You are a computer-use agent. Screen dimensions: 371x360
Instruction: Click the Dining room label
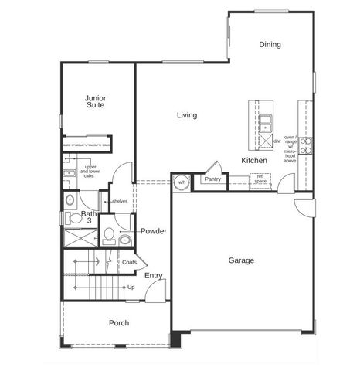[x=270, y=45]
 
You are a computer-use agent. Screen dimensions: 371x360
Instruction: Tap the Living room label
[x=186, y=115]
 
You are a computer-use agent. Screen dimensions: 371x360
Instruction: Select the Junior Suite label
[x=96, y=102]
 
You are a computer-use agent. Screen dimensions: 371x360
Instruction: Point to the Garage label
[x=240, y=260]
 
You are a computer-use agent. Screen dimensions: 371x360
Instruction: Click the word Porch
[x=118, y=323]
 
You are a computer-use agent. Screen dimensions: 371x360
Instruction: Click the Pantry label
[x=212, y=179]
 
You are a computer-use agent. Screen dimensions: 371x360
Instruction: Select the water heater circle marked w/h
[x=182, y=182]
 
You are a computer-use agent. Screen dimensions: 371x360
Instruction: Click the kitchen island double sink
[x=265, y=124]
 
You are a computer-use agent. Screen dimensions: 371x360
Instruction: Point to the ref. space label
[x=261, y=179]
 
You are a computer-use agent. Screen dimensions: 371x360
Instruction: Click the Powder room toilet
[x=109, y=234]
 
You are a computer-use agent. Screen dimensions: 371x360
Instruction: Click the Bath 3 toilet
[x=70, y=199]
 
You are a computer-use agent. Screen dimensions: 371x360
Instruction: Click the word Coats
[x=129, y=262]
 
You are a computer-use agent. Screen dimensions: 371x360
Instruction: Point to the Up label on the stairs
[x=131, y=288]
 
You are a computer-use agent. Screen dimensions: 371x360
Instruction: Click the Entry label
[x=153, y=276]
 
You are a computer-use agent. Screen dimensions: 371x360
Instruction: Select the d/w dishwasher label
[x=277, y=142]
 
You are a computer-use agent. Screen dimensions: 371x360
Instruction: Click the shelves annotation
[x=119, y=202]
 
